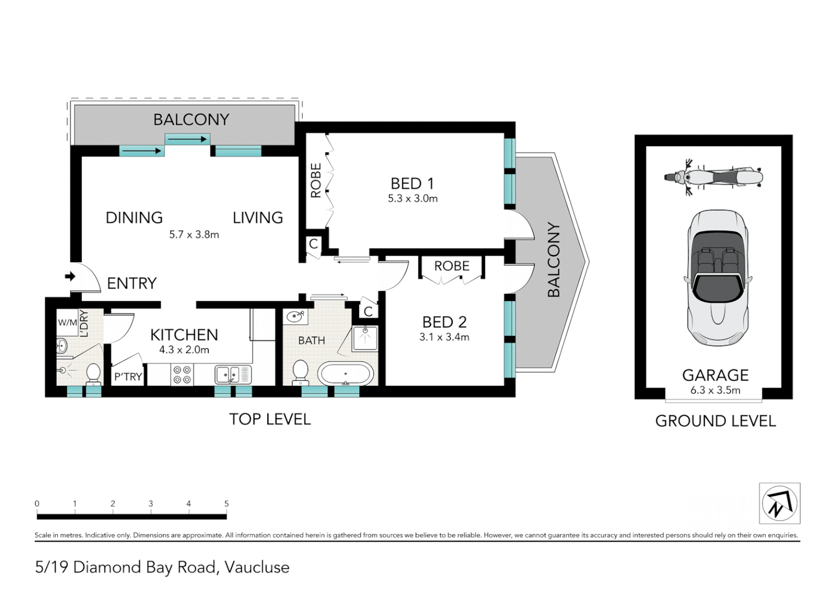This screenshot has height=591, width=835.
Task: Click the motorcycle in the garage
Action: [x=713, y=177]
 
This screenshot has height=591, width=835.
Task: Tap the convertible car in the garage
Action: [x=718, y=278]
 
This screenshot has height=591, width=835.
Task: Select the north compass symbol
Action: [x=779, y=503]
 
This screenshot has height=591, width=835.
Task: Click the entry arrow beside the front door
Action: [x=70, y=277]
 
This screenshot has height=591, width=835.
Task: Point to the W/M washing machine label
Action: [x=67, y=322]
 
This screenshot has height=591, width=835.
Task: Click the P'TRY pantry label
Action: [x=128, y=376]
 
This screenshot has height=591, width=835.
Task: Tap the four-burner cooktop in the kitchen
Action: [x=183, y=374]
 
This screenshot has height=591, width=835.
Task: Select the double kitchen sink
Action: [x=233, y=375]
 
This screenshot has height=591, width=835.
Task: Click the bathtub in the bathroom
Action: [x=345, y=373]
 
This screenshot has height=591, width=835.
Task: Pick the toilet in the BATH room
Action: [x=300, y=372]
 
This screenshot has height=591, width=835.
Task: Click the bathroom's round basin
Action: [x=295, y=317]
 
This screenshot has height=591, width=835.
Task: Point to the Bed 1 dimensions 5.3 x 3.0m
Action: [x=413, y=199]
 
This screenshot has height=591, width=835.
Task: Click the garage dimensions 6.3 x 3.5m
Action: [x=715, y=391]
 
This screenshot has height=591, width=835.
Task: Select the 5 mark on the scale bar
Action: [x=227, y=503]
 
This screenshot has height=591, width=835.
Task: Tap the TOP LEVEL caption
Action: [x=270, y=419]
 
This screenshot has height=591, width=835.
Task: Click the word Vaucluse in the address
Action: [x=257, y=567]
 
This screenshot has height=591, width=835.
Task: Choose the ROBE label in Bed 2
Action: [x=452, y=266]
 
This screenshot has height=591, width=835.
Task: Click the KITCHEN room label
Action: [x=184, y=335]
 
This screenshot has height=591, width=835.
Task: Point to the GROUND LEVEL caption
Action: [x=716, y=421]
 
